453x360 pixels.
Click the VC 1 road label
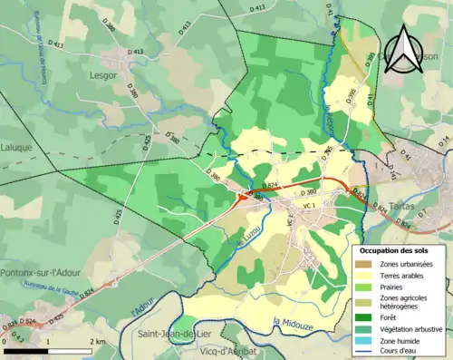click(308, 207)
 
